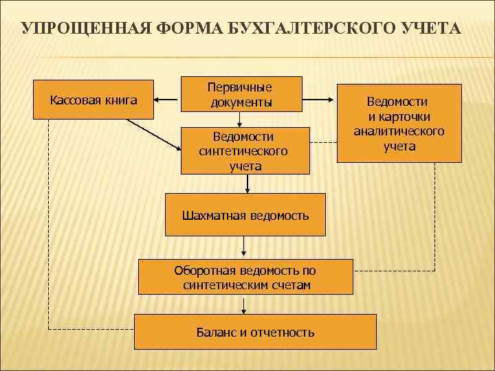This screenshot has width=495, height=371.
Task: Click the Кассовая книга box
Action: (x=93, y=101)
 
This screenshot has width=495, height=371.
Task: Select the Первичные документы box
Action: (x=241, y=94)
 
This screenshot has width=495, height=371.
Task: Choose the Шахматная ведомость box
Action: (x=245, y=215)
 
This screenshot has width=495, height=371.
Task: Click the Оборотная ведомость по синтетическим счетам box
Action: (x=246, y=277)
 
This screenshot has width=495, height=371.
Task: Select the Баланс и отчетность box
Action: (x=255, y=332)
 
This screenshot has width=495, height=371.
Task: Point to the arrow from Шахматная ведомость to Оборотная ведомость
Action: (x=243, y=247)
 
